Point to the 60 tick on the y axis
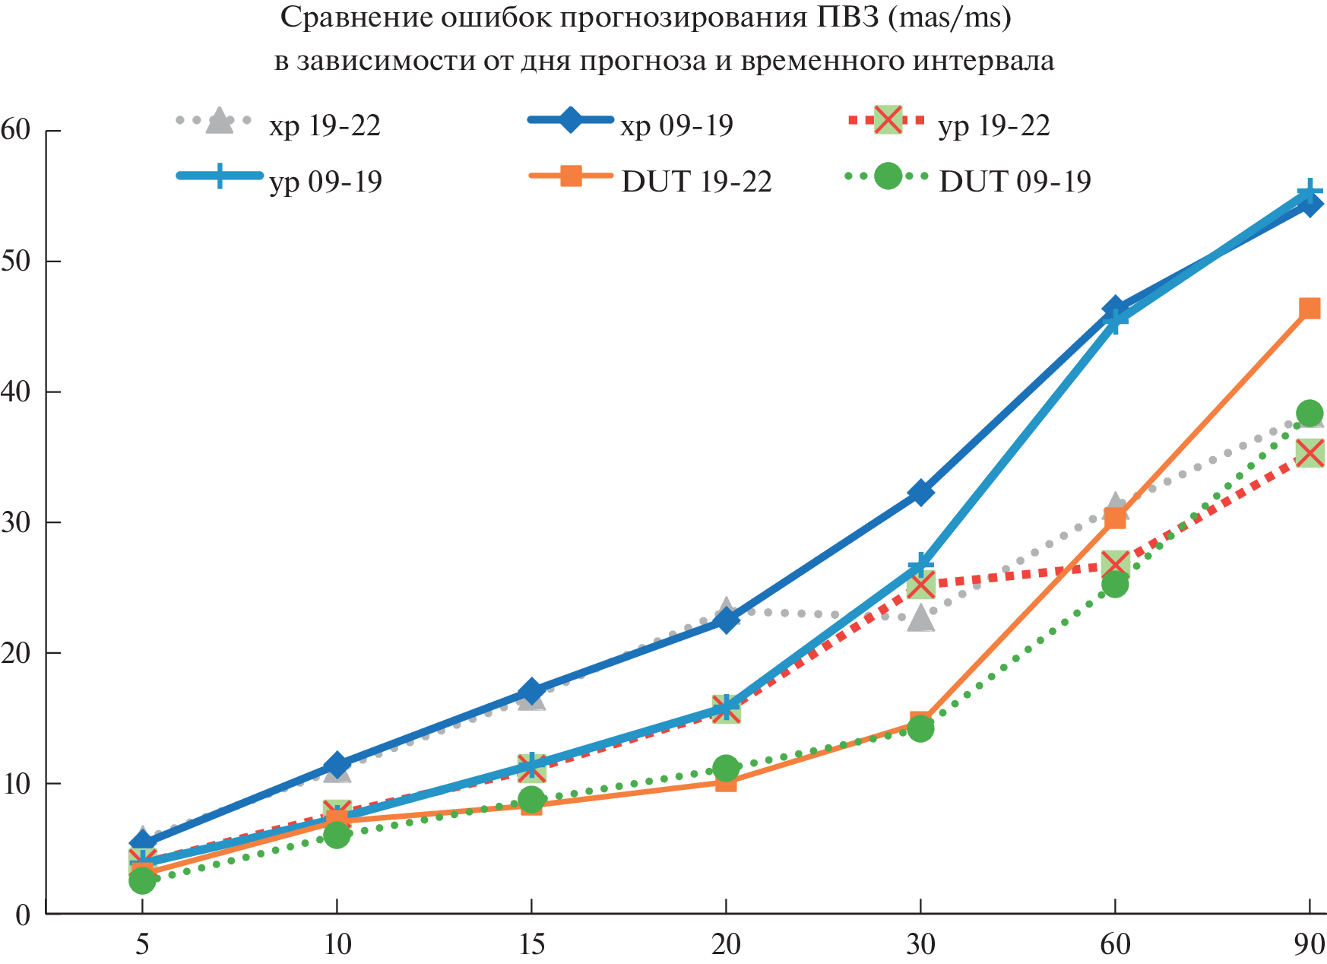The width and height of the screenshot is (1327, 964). (17, 130)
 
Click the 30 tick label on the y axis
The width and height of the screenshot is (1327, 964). (17, 522)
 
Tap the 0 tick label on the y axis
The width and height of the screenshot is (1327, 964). (23, 915)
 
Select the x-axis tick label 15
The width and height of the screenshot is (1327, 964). (531, 945)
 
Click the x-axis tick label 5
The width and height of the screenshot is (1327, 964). (142, 945)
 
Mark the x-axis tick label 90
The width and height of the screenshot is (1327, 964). (1309, 945)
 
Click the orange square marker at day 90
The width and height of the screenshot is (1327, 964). (1309, 308)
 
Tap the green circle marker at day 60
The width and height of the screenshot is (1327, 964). (1114, 584)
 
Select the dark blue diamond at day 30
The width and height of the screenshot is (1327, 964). (920, 493)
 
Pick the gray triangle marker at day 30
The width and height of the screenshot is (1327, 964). (920, 618)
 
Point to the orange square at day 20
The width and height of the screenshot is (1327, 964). (726, 782)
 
